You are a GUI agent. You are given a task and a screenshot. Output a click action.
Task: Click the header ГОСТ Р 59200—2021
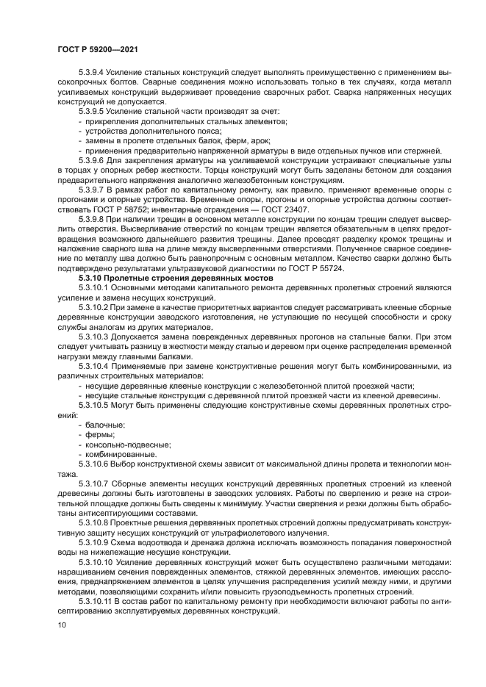tap(98, 49)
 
